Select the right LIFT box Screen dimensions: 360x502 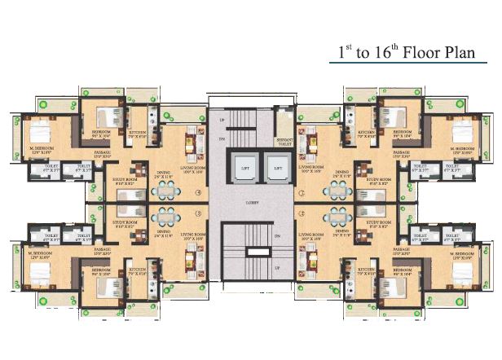point(277,169)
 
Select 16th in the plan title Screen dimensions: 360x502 point(366,51)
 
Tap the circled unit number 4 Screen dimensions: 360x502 point(197,193)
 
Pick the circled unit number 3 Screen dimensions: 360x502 point(197,213)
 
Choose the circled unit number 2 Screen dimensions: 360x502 point(302,193)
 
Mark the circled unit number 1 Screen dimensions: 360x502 point(302,213)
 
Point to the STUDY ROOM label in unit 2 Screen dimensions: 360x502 point(380,180)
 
